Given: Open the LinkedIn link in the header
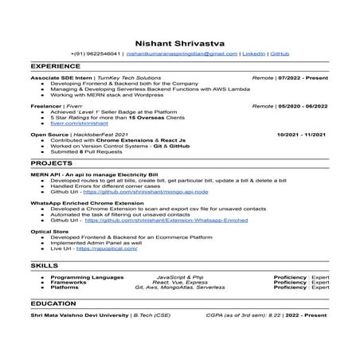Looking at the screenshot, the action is coord(253,53).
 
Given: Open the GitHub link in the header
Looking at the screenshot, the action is coord(280,53).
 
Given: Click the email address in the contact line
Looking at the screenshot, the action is coord(182,53).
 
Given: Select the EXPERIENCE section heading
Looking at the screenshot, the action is coord(57,68).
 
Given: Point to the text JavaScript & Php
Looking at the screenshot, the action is coord(180,276).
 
